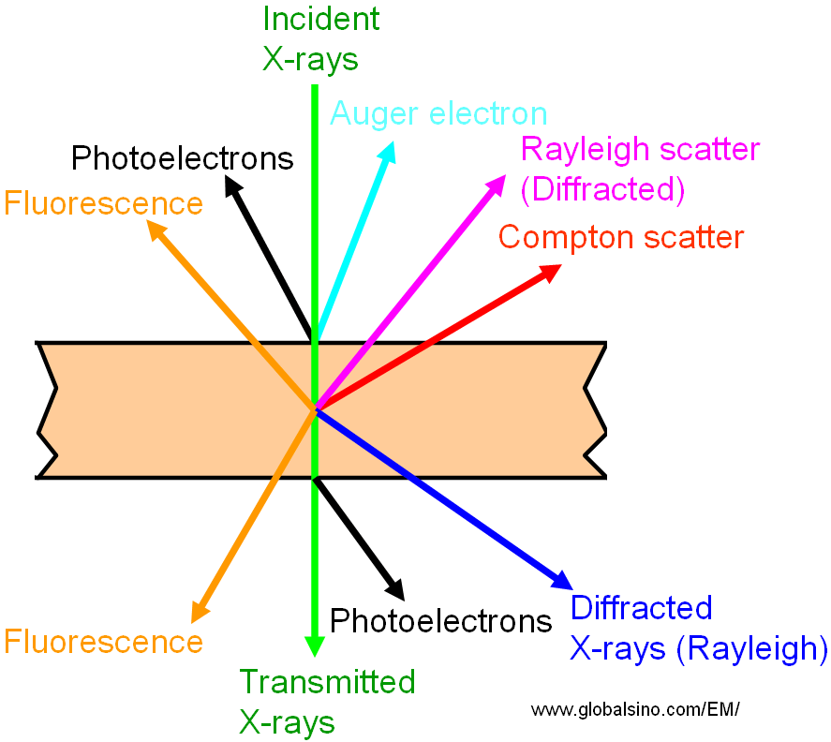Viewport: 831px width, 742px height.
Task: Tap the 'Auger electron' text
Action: [x=438, y=114]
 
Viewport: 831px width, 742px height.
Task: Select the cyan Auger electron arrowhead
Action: [x=388, y=152]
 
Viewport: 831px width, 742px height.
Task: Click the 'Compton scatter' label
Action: [x=620, y=237]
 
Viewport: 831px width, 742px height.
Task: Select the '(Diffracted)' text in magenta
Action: [x=602, y=189]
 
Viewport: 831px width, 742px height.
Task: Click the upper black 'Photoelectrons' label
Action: [x=183, y=158]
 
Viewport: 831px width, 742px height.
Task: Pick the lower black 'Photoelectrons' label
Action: [x=440, y=620]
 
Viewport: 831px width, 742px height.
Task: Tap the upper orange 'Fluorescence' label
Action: [x=103, y=203]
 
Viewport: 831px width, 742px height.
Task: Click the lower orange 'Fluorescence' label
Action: [x=103, y=642]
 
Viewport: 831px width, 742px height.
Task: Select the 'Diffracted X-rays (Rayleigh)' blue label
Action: [x=698, y=628]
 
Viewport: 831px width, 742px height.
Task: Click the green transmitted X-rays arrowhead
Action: [x=315, y=646]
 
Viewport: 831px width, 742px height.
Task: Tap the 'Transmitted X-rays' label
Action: [x=327, y=701]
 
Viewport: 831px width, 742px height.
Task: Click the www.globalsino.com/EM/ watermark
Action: [x=635, y=709]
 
